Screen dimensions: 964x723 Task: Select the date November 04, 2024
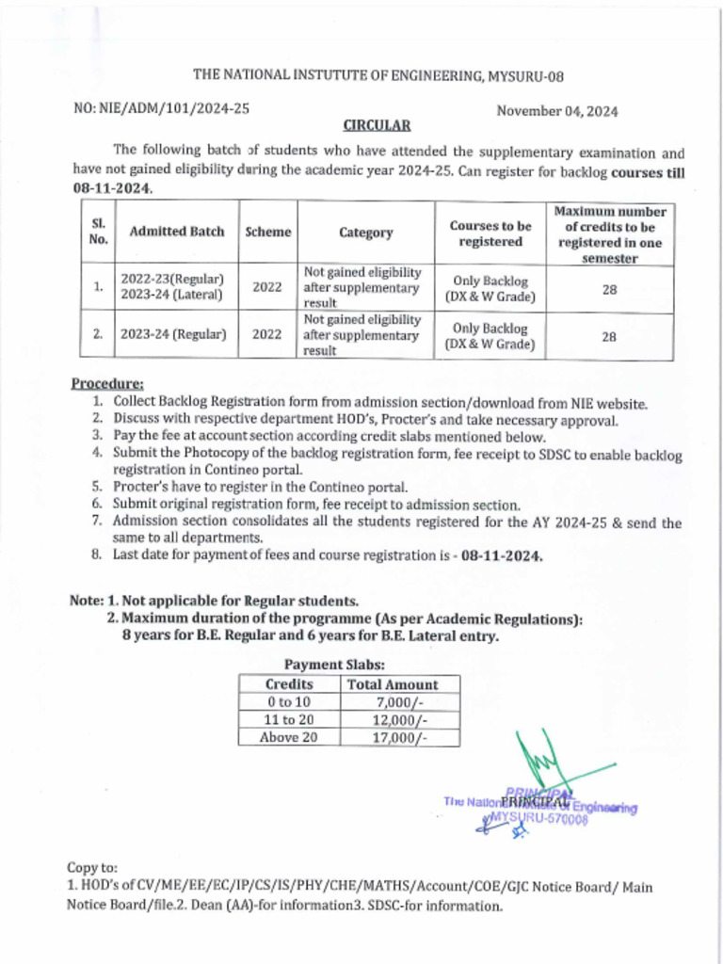(556, 111)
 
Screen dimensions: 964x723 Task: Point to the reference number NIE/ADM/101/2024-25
(161, 109)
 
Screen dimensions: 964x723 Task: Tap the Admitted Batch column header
(177, 233)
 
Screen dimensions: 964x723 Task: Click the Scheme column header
(267, 233)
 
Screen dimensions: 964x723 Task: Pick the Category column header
(365, 233)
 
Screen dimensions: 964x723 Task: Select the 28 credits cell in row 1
(609, 290)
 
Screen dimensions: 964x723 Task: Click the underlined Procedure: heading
(107, 383)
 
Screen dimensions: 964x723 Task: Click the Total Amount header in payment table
(393, 684)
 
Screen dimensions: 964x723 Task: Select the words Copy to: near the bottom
(93, 866)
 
